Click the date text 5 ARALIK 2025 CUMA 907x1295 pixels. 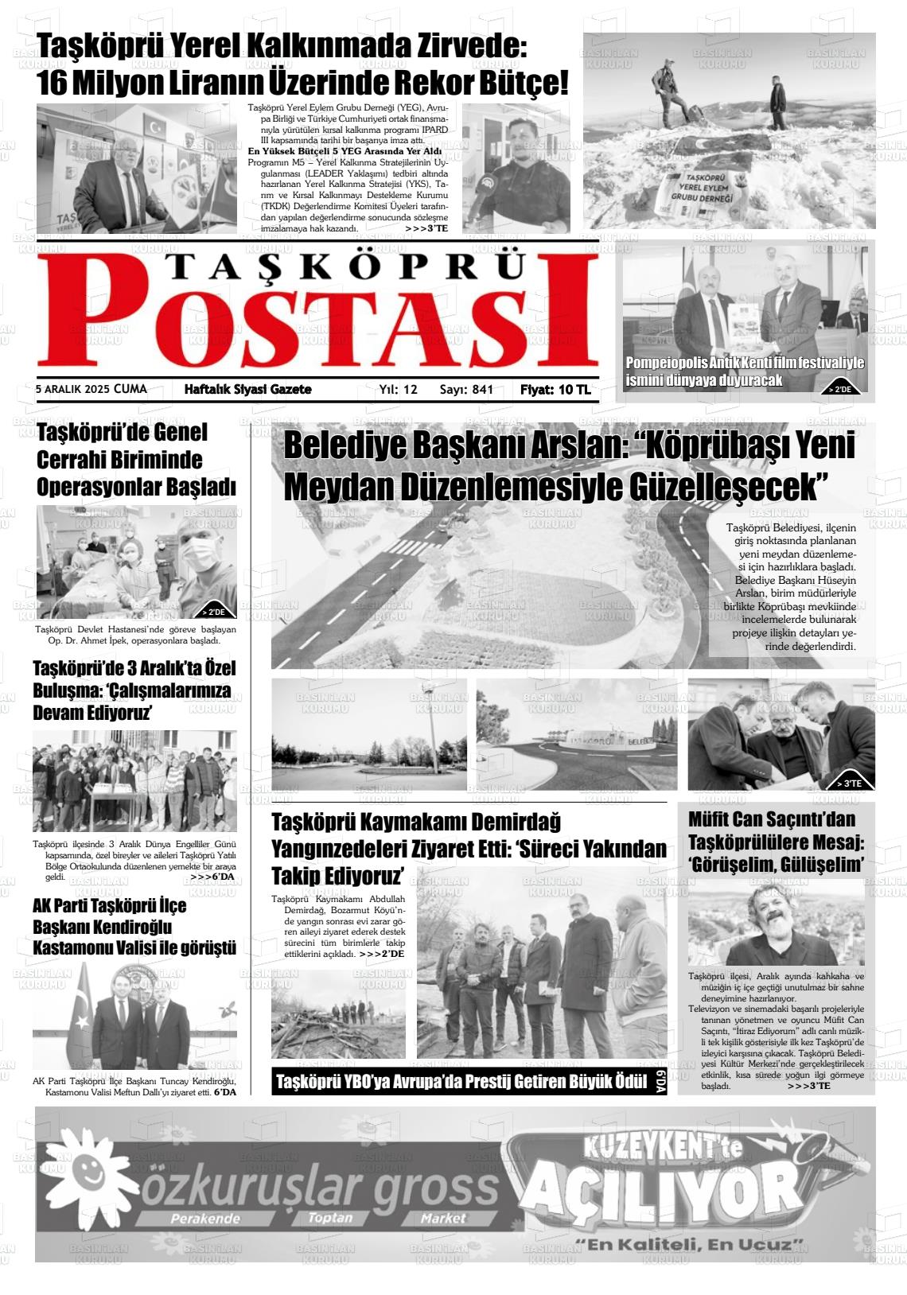point(91,390)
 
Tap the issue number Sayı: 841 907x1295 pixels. point(466,390)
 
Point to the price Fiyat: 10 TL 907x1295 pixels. point(555,390)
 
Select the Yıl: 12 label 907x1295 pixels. point(398,390)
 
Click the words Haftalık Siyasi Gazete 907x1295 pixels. point(247,390)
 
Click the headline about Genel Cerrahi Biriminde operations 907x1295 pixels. point(136,460)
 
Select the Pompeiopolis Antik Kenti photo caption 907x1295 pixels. point(744,371)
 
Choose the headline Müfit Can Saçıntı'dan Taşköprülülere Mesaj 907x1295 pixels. point(776,842)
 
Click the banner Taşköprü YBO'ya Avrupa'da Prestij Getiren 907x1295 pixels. point(461,1082)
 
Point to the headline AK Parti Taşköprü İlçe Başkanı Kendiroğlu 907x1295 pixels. point(134,927)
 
